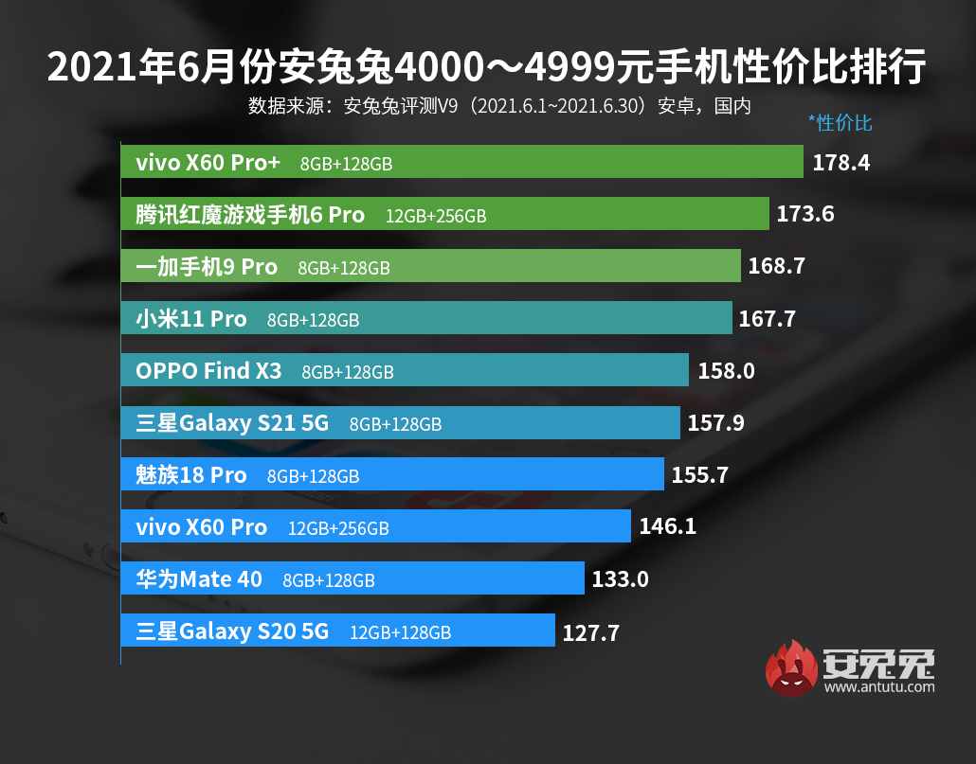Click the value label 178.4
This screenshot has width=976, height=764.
(840, 163)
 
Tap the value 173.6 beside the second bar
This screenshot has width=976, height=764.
(804, 215)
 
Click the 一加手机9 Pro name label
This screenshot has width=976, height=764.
(207, 267)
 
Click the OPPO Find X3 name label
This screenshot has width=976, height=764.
(208, 371)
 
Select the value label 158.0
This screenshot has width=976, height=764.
(726, 371)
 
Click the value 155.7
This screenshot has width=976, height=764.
(699, 475)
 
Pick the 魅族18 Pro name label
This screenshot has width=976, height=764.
(190, 475)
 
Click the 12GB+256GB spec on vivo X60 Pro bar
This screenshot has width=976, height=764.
(338, 528)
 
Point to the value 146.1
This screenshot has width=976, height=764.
(667, 526)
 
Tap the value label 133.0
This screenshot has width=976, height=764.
(620, 578)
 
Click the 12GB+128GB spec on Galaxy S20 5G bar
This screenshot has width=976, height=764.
(400, 632)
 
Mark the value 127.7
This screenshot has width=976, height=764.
(590, 632)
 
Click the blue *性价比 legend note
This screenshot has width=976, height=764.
(840, 123)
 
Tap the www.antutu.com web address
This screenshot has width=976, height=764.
(879, 686)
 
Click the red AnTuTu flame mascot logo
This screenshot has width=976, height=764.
(790, 668)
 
